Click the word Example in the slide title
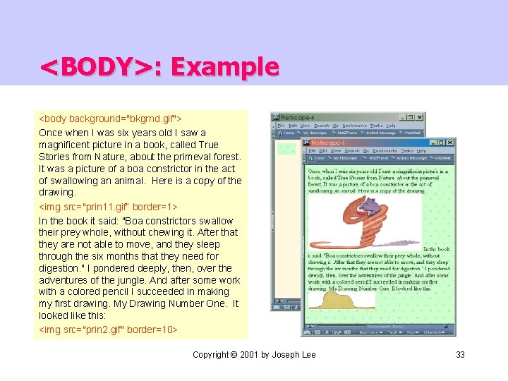tap(224, 67)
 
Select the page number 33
tap(460, 354)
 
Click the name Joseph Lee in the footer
tap(292, 354)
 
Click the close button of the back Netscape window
tap(420, 117)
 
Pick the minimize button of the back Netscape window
tap(403, 117)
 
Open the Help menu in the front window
tap(421, 150)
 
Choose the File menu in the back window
tap(280, 125)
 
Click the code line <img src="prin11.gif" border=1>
tap(108, 207)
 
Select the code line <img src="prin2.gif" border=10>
tap(108, 329)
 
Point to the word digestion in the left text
tap(63, 268)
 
